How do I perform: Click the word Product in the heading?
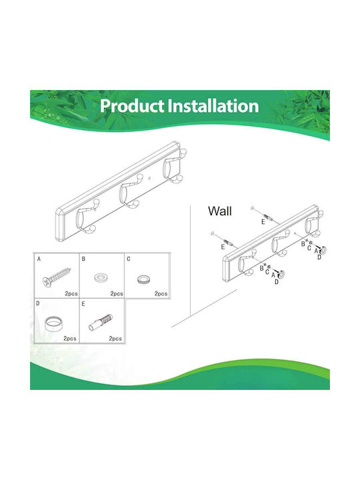tap(132, 106)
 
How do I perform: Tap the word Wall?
tap(220, 211)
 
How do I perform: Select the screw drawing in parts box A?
tap(57, 277)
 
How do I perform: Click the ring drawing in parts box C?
tap(143, 279)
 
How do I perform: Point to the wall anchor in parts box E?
tap(101, 321)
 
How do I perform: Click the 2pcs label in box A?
tap(71, 293)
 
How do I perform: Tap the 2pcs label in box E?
tap(115, 339)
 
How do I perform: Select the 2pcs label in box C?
tap(161, 293)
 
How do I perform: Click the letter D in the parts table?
tap(37, 303)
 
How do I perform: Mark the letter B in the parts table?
tap(83, 259)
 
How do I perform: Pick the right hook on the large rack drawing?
tap(174, 167)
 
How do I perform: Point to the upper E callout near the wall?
tap(263, 222)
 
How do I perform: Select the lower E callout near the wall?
tap(223, 247)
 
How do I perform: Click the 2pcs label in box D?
tap(70, 339)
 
